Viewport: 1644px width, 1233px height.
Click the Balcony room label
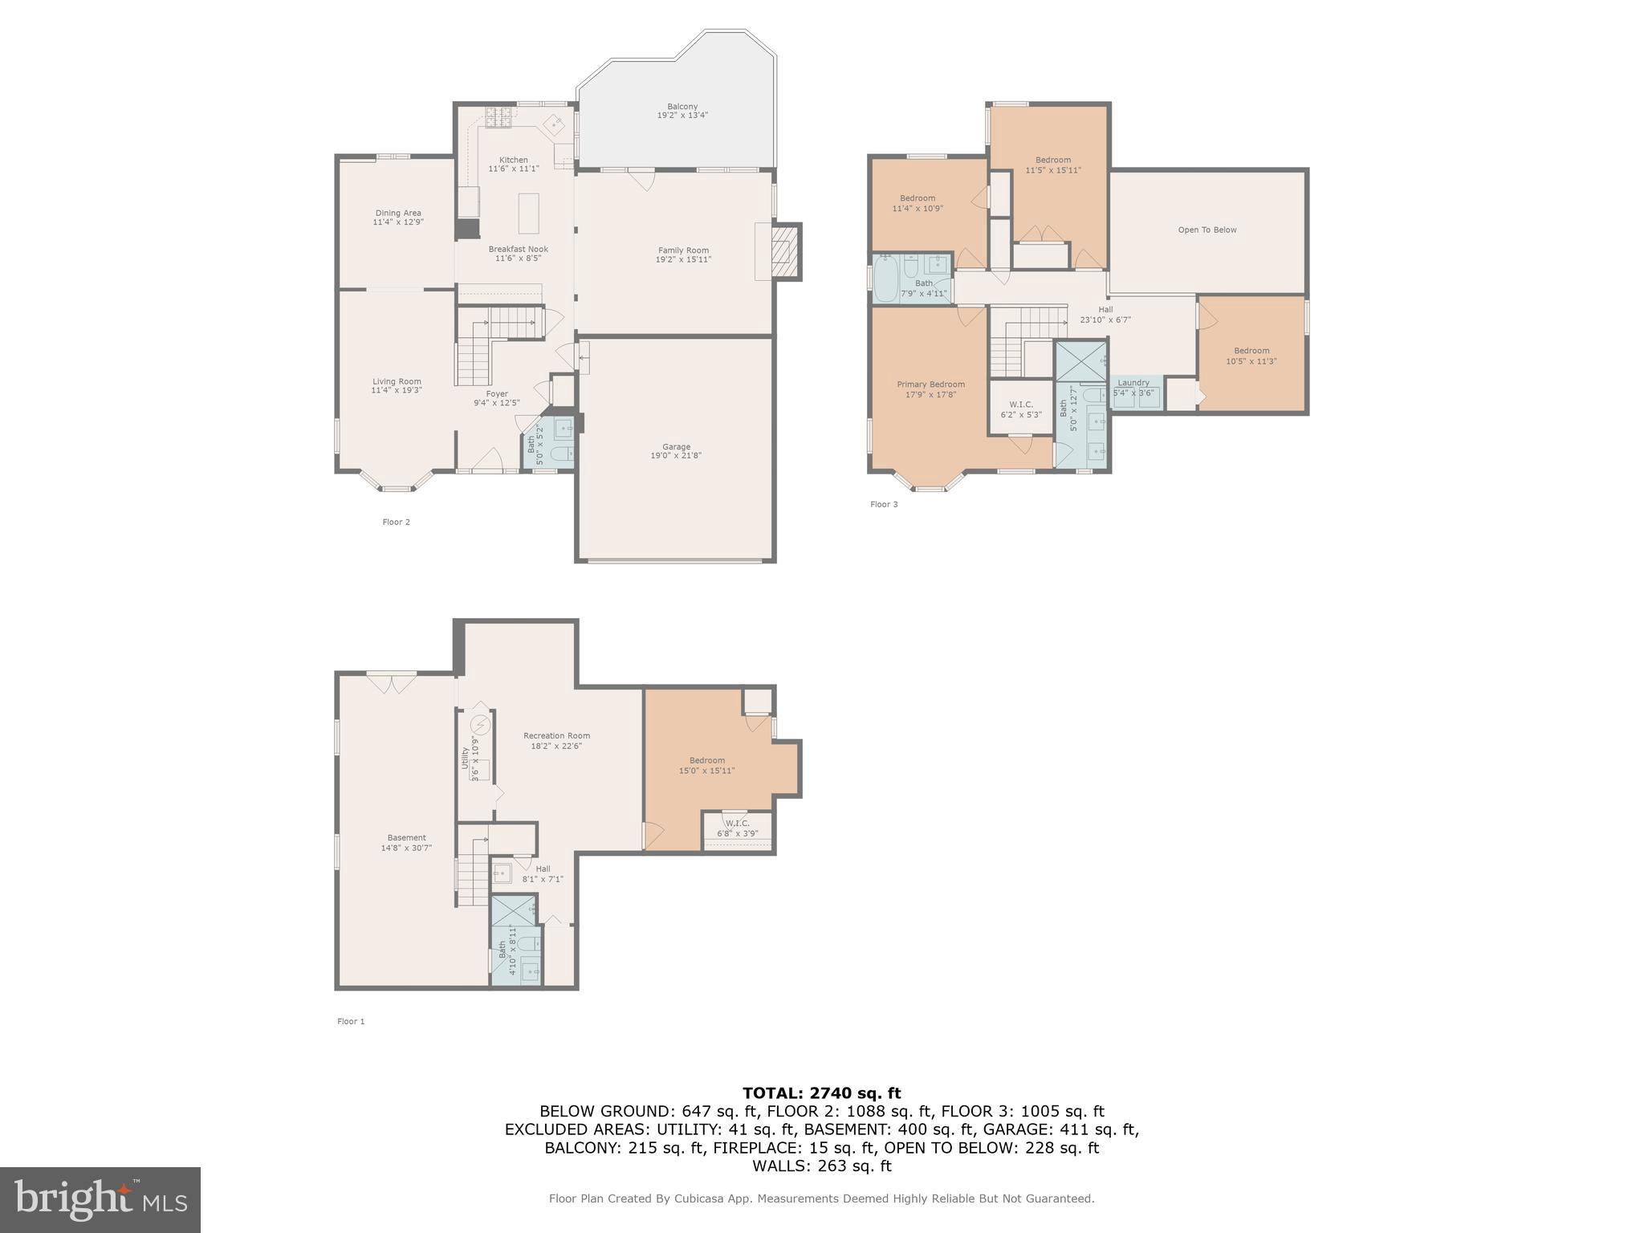click(x=682, y=107)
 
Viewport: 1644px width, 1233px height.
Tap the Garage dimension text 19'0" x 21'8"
click(x=676, y=456)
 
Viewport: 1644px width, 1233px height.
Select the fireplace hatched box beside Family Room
click(x=785, y=251)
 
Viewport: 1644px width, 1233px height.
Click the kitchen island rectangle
click(x=528, y=212)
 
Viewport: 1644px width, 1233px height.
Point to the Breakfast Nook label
click(x=519, y=249)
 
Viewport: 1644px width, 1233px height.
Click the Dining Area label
click(x=398, y=213)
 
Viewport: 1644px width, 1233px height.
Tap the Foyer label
click(x=497, y=393)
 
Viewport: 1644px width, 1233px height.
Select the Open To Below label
click(x=1207, y=230)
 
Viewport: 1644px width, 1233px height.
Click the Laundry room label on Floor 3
click(x=1133, y=382)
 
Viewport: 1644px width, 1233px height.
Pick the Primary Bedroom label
click(x=930, y=384)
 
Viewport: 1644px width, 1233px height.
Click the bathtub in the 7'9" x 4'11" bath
click(x=886, y=279)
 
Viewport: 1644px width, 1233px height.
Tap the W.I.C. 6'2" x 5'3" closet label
click(x=1021, y=405)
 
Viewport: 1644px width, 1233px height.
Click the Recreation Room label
click(x=556, y=735)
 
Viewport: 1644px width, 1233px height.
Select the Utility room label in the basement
click(x=465, y=758)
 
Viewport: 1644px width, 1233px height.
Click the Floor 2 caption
click(x=396, y=522)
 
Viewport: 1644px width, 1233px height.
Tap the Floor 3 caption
click(x=884, y=504)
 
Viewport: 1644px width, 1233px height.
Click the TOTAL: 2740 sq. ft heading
click(x=821, y=1093)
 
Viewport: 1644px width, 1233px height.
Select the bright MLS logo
click(x=100, y=1199)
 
